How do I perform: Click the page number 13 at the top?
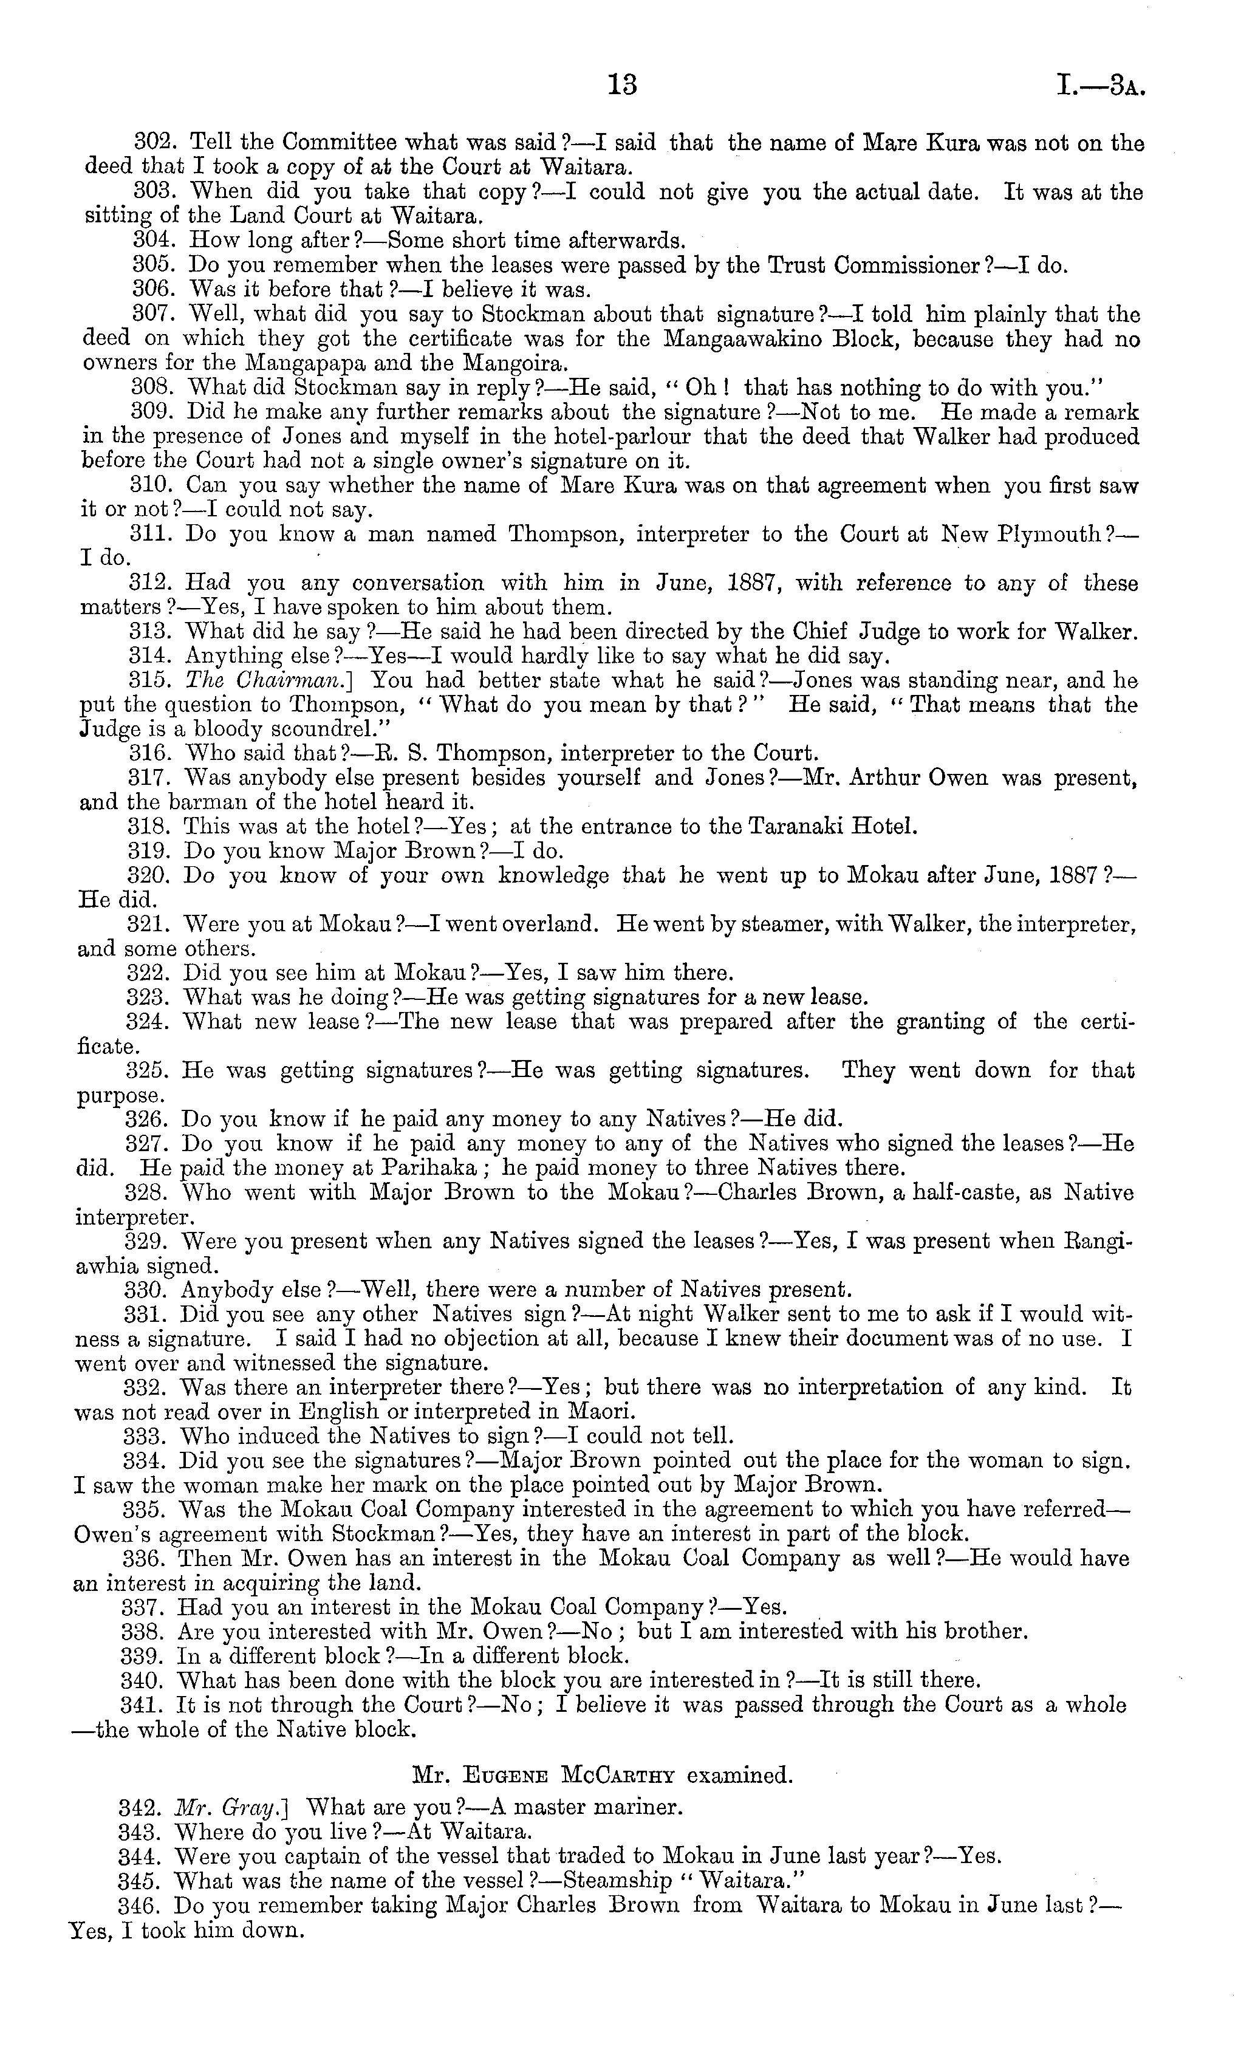tap(622, 85)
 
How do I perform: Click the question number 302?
tap(152, 143)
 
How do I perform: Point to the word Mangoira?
tap(520, 364)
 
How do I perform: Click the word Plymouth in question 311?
tap(1052, 535)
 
